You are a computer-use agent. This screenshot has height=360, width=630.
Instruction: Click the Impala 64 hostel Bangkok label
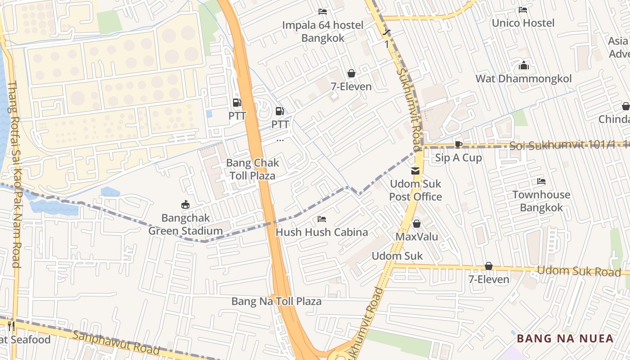pos(323,31)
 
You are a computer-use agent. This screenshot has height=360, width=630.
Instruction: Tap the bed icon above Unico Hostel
pos(523,10)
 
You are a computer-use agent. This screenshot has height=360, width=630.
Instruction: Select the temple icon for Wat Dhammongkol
pos(523,66)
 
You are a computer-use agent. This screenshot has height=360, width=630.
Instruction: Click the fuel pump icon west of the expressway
pos(237,103)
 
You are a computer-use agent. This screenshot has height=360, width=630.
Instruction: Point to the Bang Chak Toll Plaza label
pos(252,169)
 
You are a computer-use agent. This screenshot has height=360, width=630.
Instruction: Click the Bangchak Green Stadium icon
pos(185,205)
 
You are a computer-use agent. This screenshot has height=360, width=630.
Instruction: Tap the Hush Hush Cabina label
pos(322,232)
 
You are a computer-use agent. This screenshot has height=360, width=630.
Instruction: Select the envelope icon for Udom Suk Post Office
pos(415,171)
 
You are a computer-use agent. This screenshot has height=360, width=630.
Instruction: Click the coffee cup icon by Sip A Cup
pos(458,144)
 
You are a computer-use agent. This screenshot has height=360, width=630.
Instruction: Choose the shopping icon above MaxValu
pos(417,224)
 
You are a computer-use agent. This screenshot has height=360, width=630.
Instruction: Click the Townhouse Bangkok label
pos(541,201)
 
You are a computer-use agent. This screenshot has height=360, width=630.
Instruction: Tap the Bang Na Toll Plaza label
pos(276,301)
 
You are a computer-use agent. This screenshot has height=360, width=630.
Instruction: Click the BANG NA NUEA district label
pos(565,338)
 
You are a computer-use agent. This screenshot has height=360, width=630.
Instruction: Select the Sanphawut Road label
pos(116,343)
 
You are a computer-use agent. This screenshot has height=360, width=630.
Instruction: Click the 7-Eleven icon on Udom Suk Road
pos(489,266)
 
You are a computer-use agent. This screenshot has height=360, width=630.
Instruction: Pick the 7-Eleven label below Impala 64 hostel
pos(351,86)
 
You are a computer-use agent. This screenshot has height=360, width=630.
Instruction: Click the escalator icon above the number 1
pos(387,32)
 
